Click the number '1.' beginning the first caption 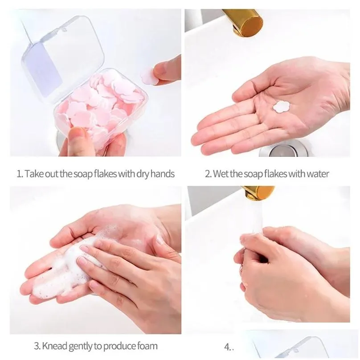(20, 174)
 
